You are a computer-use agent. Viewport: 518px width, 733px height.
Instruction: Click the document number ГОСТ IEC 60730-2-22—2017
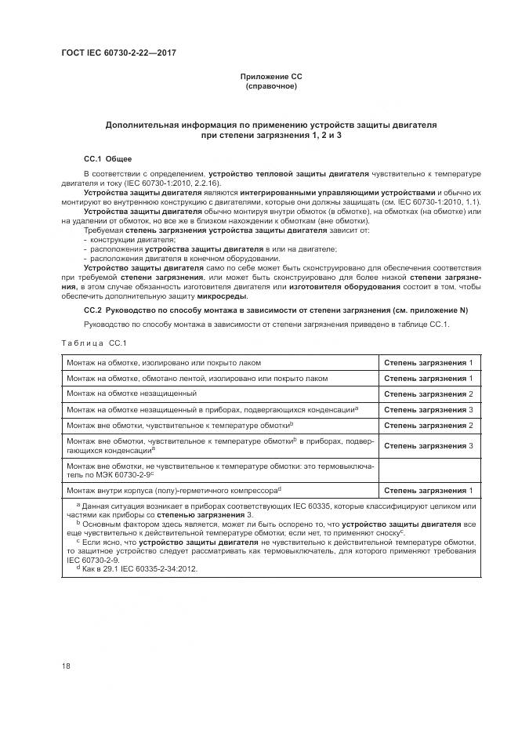click(x=118, y=53)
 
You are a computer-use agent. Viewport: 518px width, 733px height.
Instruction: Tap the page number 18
click(x=66, y=666)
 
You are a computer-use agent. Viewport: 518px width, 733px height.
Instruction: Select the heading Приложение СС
click(x=271, y=76)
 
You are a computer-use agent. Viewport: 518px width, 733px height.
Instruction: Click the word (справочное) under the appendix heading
click(x=271, y=85)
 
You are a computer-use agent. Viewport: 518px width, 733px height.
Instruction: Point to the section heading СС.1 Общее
click(x=103, y=158)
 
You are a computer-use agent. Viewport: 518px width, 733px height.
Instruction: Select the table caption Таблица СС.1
click(x=93, y=343)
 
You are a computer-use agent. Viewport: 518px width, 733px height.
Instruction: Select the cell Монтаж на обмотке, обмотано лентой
click(x=197, y=378)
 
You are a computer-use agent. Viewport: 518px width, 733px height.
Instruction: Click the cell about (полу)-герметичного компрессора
click(x=174, y=490)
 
